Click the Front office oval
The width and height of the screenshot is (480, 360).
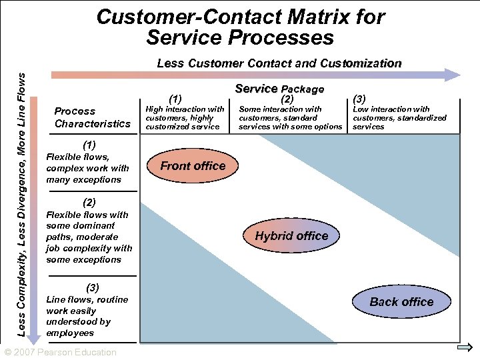click(193, 166)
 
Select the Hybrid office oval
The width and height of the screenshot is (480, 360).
click(291, 236)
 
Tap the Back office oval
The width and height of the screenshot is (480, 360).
click(401, 302)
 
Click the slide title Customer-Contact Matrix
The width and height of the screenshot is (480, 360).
click(240, 27)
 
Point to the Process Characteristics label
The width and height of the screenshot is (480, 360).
click(93, 117)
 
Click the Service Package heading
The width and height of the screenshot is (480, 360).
click(279, 89)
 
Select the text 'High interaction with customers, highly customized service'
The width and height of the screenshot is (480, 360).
click(185, 118)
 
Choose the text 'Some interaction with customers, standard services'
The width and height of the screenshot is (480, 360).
click(290, 118)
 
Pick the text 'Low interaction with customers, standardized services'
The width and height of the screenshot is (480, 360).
click(399, 118)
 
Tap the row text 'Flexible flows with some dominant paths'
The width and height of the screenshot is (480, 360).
click(89, 237)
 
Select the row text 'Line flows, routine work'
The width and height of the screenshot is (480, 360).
click(87, 316)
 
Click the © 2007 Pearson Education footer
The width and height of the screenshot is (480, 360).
click(60, 352)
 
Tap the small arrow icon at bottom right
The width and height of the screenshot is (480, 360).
click(466, 349)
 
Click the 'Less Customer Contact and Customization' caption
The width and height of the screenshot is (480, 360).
click(279, 64)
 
